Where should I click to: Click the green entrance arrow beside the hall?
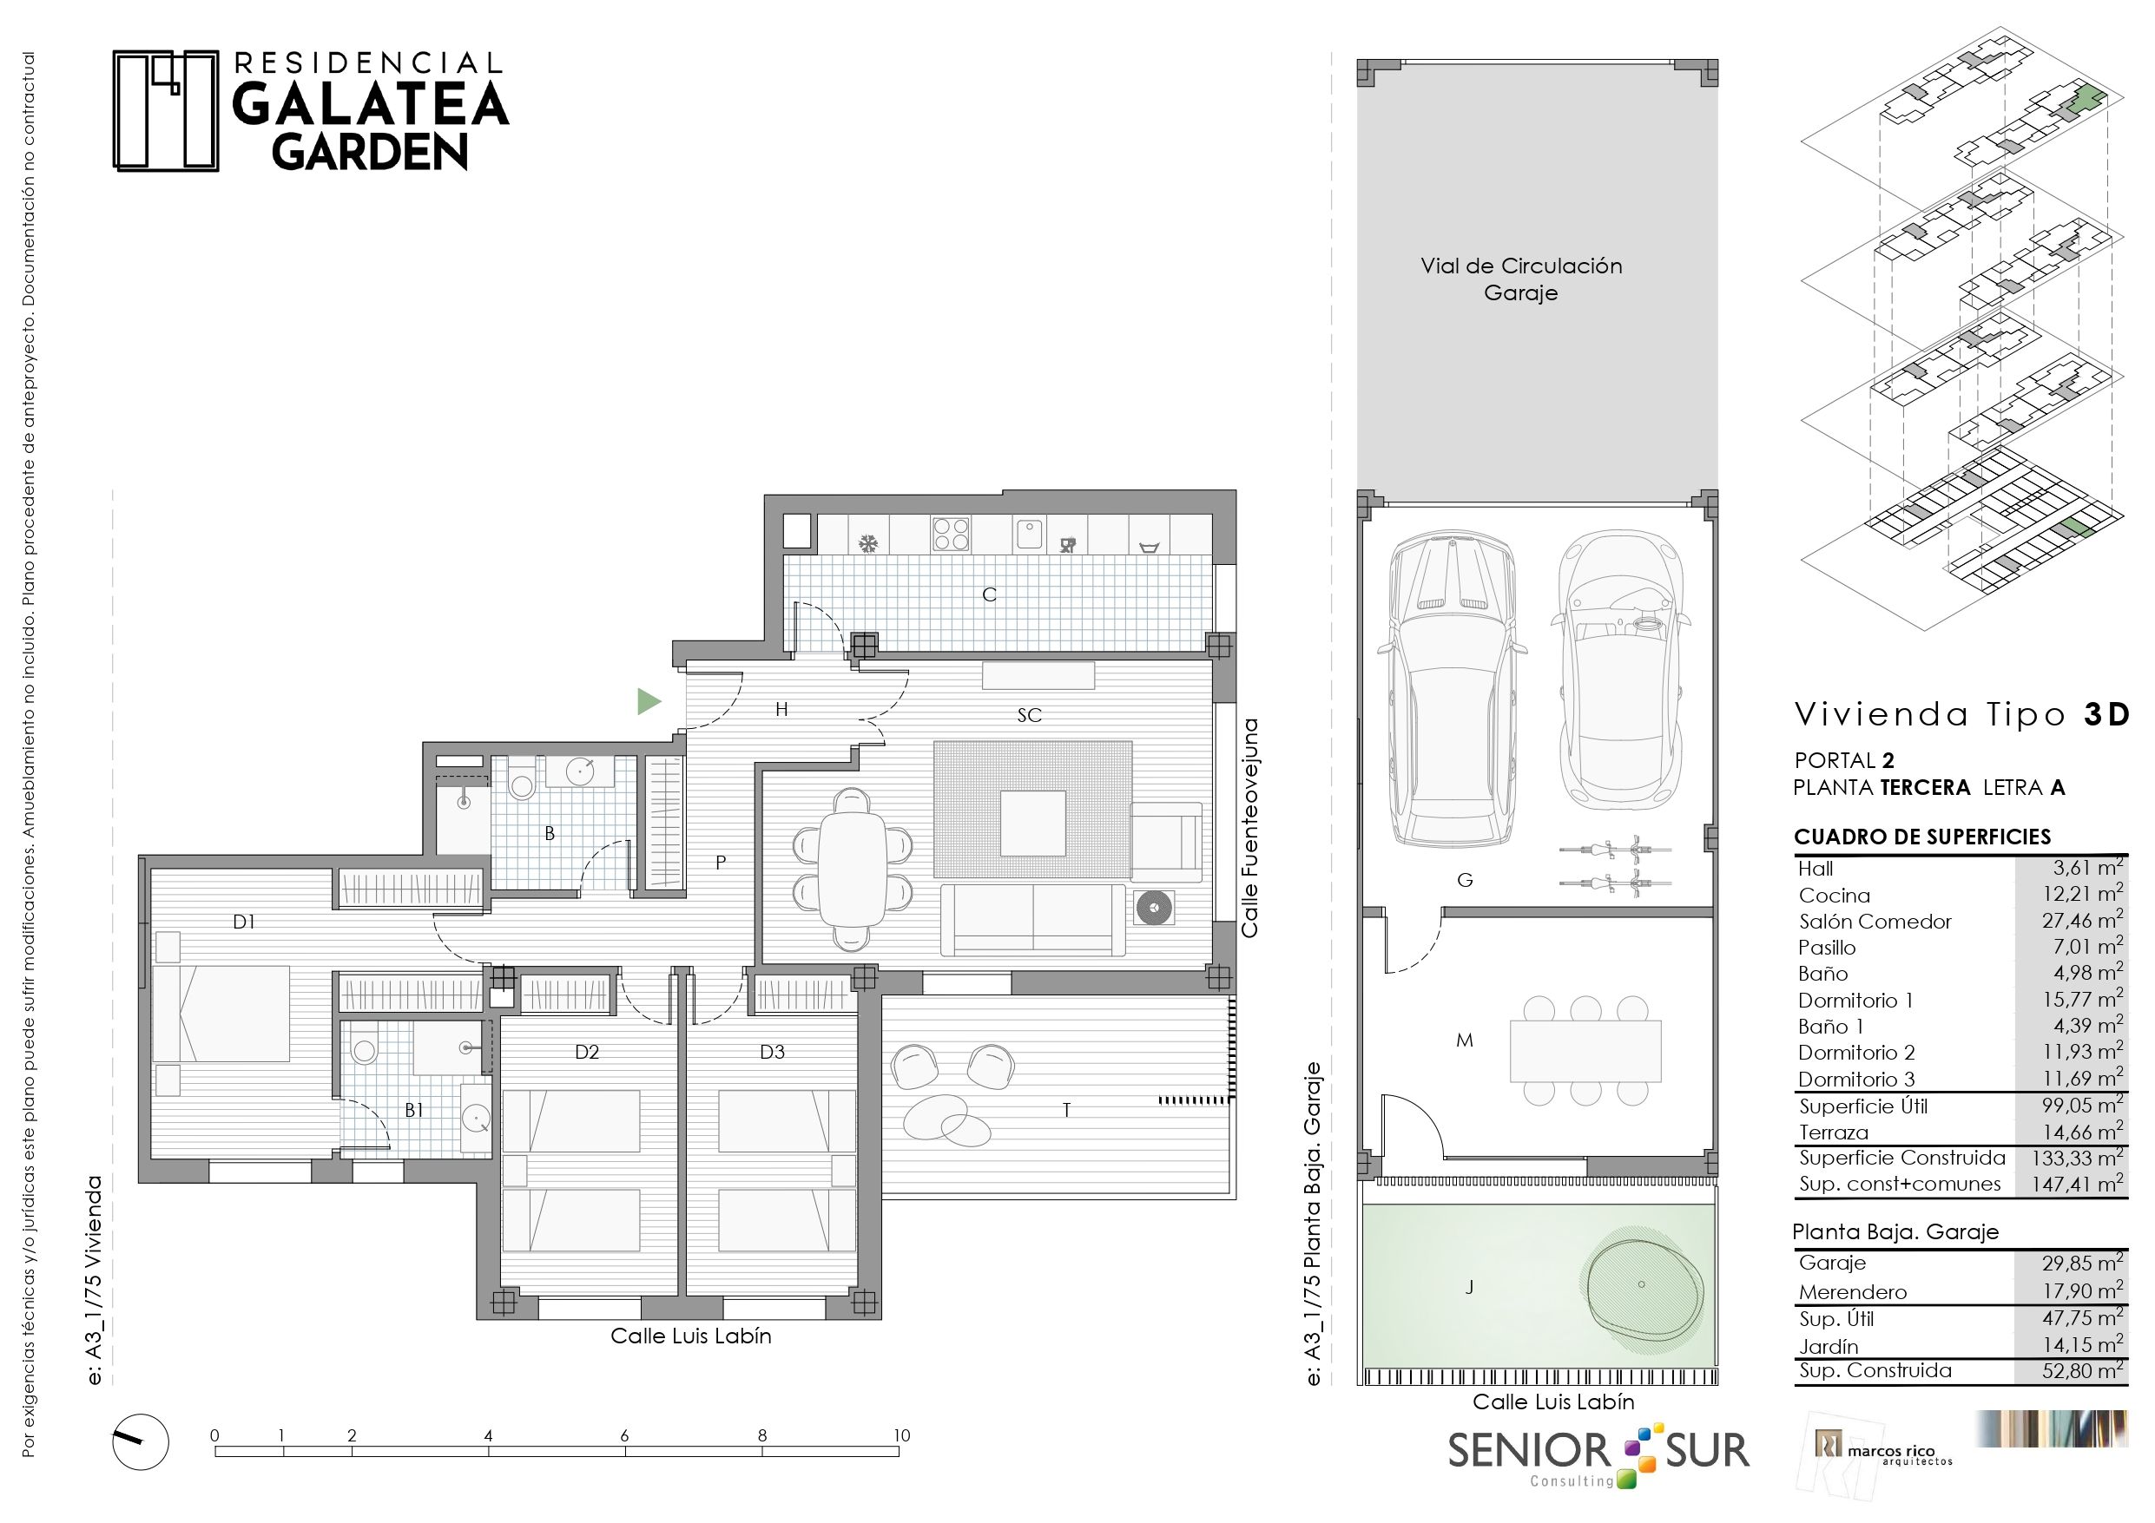click(649, 701)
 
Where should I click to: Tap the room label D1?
click(244, 922)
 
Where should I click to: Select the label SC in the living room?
click(1030, 715)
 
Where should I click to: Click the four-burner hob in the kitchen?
click(951, 534)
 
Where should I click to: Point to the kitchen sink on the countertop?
click(1030, 533)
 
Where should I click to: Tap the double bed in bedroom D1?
click(221, 1014)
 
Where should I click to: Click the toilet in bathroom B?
click(522, 780)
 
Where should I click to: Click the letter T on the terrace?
click(1066, 1110)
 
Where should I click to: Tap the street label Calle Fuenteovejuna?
click(1249, 828)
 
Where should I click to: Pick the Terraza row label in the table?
click(1833, 1132)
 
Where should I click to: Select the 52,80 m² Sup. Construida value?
click(2083, 1370)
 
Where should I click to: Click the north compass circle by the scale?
click(141, 1441)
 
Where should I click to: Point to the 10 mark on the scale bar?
click(901, 1434)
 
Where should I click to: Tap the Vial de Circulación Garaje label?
click(1521, 279)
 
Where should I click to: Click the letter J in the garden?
click(1469, 1288)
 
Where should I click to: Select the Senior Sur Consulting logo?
click(1598, 1456)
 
